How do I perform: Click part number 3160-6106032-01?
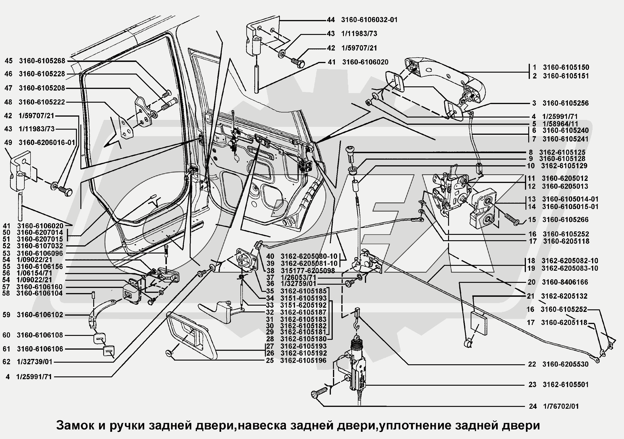tap(369, 20)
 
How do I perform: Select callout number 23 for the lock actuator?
tap(532, 385)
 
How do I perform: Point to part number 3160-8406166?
tap(565, 282)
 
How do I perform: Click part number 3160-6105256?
tap(566, 103)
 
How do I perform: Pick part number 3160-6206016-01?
tap(47, 142)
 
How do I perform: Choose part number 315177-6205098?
tap(307, 271)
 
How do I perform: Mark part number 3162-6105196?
tap(303, 361)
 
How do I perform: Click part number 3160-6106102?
tap(40, 315)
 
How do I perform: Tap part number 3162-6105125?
tap(562, 152)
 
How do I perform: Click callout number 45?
tap(9, 61)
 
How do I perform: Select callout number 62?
tap(6, 362)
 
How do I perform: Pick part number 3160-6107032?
tap(40, 246)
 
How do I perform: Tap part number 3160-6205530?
tap(565, 364)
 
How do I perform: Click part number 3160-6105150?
tap(566, 67)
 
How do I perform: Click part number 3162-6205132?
tap(564, 296)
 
